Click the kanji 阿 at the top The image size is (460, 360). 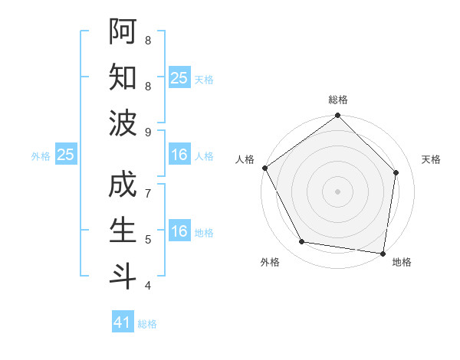123,31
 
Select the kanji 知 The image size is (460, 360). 123,77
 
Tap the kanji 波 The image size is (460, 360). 123,123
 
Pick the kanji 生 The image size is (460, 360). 123,231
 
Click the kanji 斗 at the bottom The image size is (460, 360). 123,277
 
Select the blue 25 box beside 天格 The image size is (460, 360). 179,77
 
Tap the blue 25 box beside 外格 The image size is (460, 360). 66,155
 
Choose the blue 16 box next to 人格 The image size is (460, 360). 179,155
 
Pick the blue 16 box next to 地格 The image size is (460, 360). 179,231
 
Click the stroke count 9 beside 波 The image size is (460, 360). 148,133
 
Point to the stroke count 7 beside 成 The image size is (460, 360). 148,194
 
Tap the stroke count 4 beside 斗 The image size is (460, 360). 148,286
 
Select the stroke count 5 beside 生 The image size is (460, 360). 148,240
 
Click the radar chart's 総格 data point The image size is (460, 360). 337,116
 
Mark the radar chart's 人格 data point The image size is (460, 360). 265,168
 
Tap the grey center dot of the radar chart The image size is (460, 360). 337,191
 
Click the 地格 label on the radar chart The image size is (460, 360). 402,262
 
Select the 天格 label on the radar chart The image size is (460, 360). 431,159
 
